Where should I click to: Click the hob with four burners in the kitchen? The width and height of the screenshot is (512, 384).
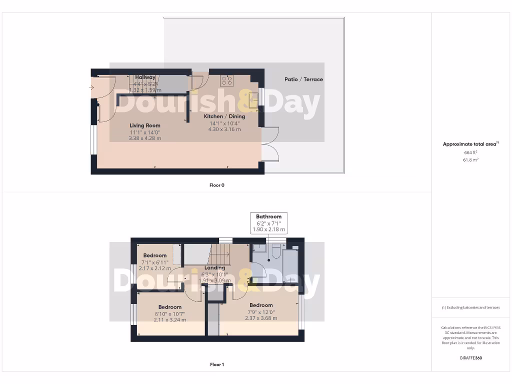click(226, 80)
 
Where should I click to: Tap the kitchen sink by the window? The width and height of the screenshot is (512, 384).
click(255, 97)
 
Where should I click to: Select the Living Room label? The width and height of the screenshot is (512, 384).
click(145, 125)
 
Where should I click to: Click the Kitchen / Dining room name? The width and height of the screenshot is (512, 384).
click(224, 116)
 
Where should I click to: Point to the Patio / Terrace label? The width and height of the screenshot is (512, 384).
click(303, 79)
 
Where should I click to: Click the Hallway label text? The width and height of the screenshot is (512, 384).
click(145, 77)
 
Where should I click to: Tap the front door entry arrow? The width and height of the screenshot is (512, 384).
click(91, 88)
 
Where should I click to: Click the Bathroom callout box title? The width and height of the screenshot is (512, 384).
click(268, 216)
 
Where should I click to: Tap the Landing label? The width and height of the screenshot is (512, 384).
click(214, 268)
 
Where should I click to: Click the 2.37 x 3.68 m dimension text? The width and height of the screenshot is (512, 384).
click(261, 318)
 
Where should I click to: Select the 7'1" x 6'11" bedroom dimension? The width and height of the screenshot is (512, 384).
click(155, 262)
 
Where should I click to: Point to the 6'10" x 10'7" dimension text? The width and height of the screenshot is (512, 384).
click(170, 313)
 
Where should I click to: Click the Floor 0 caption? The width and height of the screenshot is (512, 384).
click(217, 185)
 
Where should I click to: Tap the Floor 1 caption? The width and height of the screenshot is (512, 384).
click(217, 364)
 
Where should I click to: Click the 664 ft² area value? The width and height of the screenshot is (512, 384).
click(470, 152)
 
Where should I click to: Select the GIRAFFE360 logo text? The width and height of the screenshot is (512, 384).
click(470, 358)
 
